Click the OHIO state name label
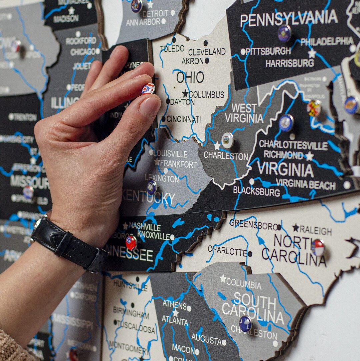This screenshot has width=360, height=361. point(190,77)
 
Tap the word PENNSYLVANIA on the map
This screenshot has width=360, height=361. point(289,18)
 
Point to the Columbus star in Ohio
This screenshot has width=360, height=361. point(185,94)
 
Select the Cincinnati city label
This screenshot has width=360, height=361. point(184,119)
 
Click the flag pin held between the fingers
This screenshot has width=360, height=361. point(148,89)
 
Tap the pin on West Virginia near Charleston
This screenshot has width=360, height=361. point(227,140)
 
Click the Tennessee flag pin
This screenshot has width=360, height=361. point(131,242)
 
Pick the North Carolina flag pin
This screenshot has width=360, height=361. point(318,248)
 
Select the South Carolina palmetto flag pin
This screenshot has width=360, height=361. point(245,323)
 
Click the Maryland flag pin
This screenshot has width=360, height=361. point(314,108)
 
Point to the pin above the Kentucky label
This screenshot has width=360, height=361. point(152,187)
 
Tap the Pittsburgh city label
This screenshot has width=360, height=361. point(268,51)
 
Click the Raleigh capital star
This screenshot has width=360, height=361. point(296,228)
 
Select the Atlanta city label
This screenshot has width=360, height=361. point(175,321)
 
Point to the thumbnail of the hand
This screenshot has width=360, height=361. point(149,106)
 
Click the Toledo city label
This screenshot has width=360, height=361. point(172,49)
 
